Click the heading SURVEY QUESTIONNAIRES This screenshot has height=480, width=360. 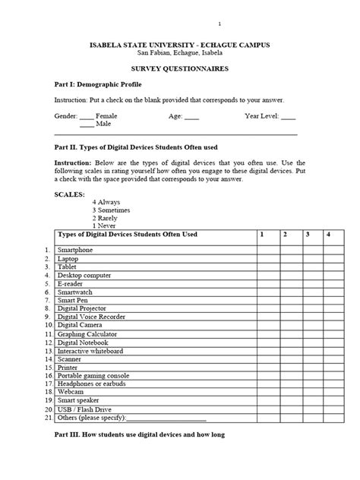pyautogui.click(x=180, y=68)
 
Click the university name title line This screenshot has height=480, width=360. pyautogui.click(x=180, y=45)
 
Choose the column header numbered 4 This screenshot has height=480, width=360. pyautogui.click(x=329, y=235)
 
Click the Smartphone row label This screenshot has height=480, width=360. pyautogui.click(x=75, y=250)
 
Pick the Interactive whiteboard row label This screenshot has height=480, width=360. pyautogui.click(x=90, y=351)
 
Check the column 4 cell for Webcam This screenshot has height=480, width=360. pyautogui.click(x=329, y=392)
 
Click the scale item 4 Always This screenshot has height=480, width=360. pyautogui.click(x=107, y=203)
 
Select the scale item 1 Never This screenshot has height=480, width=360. pyautogui.click(x=106, y=226)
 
